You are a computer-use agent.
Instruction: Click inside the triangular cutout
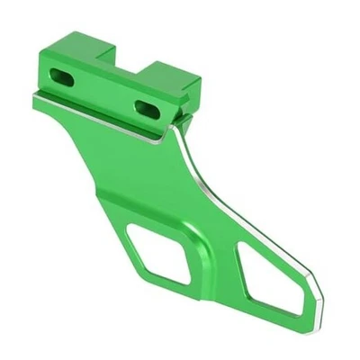(162, 252)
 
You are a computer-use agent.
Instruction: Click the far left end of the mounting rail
(37, 102)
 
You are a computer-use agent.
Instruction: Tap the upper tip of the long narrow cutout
(243, 238)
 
